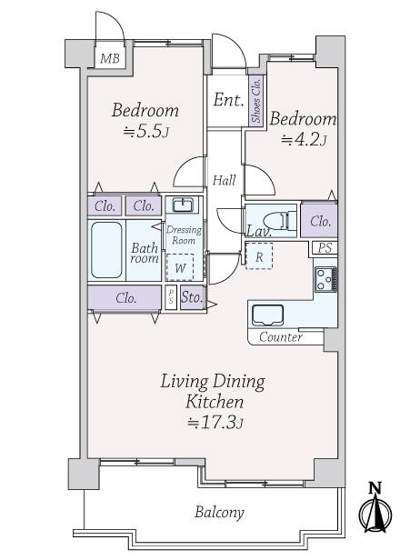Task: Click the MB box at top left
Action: (x=110, y=59)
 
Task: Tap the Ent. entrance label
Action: (x=228, y=99)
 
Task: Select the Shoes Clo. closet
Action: (x=257, y=101)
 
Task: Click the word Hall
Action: (x=225, y=180)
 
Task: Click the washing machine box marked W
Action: (x=180, y=267)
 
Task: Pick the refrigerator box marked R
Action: (x=259, y=256)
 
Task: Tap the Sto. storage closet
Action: (x=192, y=297)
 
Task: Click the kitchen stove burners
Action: (x=325, y=279)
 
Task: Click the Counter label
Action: (x=281, y=337)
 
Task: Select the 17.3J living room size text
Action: (x=215, y=423)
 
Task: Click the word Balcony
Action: (x=219, y=513)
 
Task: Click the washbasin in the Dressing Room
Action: (x=183, y=205)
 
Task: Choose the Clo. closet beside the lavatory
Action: (x=320, y=221)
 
